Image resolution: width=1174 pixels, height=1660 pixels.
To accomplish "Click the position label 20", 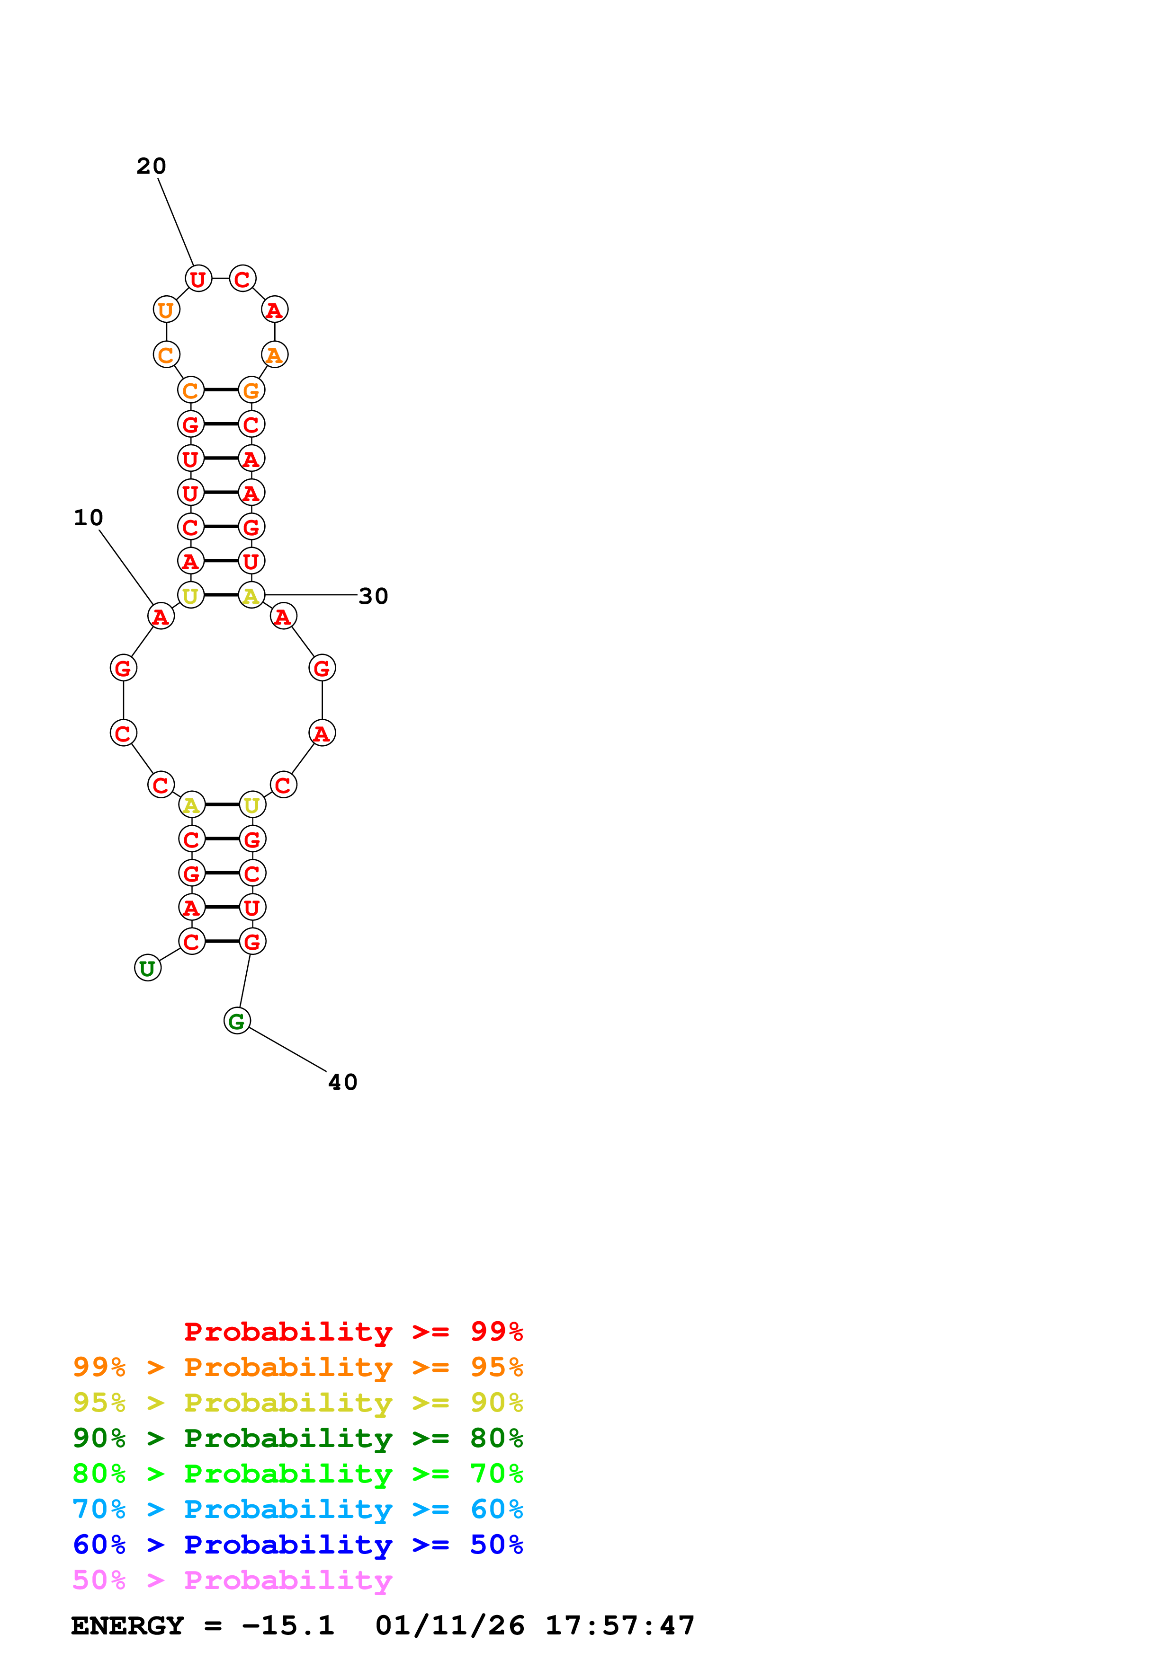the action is (151, 166).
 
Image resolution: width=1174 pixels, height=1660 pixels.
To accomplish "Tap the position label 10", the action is (88, 518).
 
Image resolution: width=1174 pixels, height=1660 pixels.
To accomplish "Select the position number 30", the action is (373, 596).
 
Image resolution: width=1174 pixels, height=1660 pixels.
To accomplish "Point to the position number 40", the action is (343, 1082).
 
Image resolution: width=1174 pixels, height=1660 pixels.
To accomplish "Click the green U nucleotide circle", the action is (148, 968).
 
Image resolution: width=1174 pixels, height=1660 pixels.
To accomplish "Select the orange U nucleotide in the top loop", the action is (166, 310).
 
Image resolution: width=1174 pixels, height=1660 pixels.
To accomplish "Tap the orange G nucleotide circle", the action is (251, 390).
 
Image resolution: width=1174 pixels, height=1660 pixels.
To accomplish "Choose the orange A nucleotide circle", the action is (274, 355).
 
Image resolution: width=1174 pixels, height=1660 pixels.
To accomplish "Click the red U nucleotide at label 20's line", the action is (197, 278).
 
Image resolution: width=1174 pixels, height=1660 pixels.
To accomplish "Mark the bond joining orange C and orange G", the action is (221, 390).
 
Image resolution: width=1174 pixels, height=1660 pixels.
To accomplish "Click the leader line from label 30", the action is (311, 595).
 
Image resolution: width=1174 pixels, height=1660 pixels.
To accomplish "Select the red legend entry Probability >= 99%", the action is (354, 1331).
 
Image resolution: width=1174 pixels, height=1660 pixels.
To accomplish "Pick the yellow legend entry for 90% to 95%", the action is (298, 1403).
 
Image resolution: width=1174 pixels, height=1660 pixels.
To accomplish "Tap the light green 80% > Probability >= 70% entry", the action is (298, 1474).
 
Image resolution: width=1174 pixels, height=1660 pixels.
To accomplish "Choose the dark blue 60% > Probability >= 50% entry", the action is (298, 1545).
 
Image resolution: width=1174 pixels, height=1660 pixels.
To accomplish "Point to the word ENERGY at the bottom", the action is (127, 1625).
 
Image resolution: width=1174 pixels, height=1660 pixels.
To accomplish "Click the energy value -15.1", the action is (288, 1625).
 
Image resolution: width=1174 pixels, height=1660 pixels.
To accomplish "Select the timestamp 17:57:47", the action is (620, 1625).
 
